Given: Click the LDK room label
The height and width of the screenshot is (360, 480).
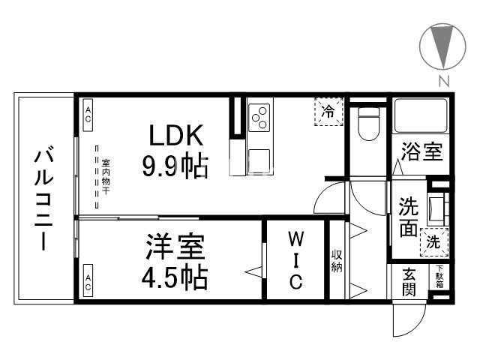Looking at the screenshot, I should click(x=175, y=137).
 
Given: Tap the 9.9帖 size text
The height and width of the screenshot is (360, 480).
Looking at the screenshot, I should click(x=175, y=166).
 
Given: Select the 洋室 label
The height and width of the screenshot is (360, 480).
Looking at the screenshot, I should click(x=174, y=248).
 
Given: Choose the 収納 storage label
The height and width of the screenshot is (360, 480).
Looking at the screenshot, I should click(x=337, y=259).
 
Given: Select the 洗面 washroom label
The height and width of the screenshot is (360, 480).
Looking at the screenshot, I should click(x=407, y=217).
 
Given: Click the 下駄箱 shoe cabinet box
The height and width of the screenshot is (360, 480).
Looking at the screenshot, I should click(x=439, y=277).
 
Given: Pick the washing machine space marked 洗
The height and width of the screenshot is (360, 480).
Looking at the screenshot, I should click(x=434, y=241).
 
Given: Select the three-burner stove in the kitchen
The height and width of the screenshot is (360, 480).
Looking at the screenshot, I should click(x=259, y=116).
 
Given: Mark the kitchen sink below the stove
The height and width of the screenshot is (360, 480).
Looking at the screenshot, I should click(x=259, y=160).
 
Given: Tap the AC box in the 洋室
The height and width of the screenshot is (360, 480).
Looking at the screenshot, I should click(x=88, y=282).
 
